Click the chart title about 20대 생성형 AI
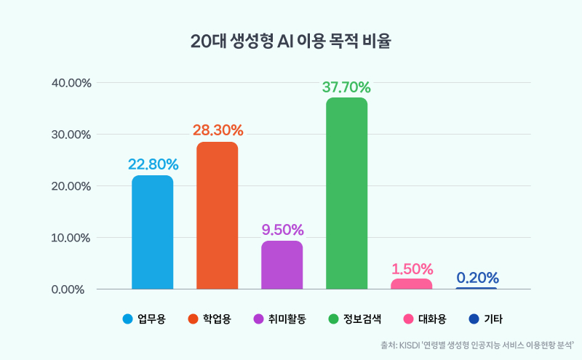pyautogui.click(x=290, y=41)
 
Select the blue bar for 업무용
pyautogui.click(x=152, y=233)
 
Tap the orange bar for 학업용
pyautogui.click(x=217, y=216)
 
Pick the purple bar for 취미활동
pyautogui.click(x=282, y=265)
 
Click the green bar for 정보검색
pyautogui.click(x=346, y=193)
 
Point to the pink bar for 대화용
pyautogui.click(x=411, y=284)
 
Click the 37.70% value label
pyautogui.click(x=346, y=88)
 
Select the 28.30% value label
pyautogui.click(x=218, y=131)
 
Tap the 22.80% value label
pyautogui.click(x=153, y=164)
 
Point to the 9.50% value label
pyautogui.click(x=282, y=230)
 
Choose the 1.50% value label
pyautogui.click(x=412, y=269)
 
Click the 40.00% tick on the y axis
pyautogui.click(x=71, y=83)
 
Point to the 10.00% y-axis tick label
pyautogui.click(x=71, y=238)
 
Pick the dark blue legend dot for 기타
pyautogui.click(x=474, y=319)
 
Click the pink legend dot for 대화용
pyautogui.click(x=408, y=319)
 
